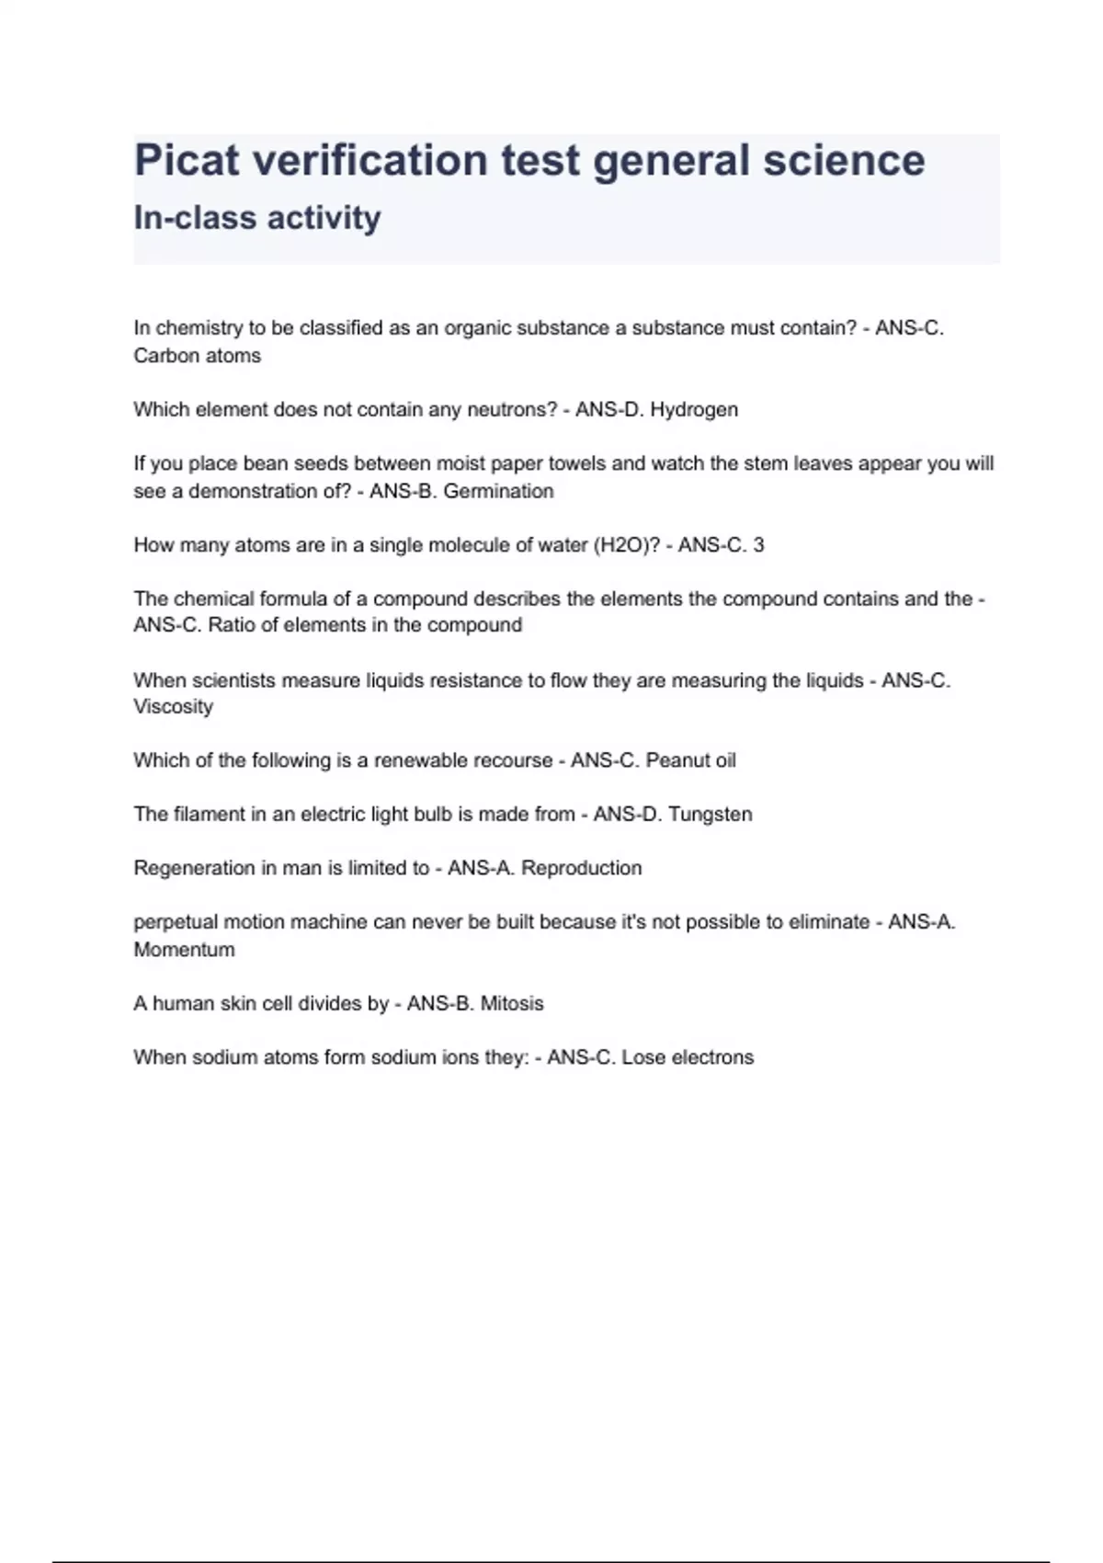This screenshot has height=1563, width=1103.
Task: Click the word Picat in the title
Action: (x=188, y=161)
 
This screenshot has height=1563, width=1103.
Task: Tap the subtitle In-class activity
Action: (x=257, y=218)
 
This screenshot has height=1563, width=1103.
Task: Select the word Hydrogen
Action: (x=694, y=410)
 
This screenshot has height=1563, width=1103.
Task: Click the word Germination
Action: (x=498, y=492)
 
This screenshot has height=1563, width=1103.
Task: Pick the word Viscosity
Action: (x=174, y=707)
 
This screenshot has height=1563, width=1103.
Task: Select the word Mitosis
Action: (x=512, y=1004)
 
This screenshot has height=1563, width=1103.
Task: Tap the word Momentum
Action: (x=184, y=950)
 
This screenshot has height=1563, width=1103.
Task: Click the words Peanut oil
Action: (x=690, y=761)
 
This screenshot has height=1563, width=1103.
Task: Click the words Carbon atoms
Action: (x=198, y=357)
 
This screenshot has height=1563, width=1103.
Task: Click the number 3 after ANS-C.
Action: (x=758, y=545)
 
